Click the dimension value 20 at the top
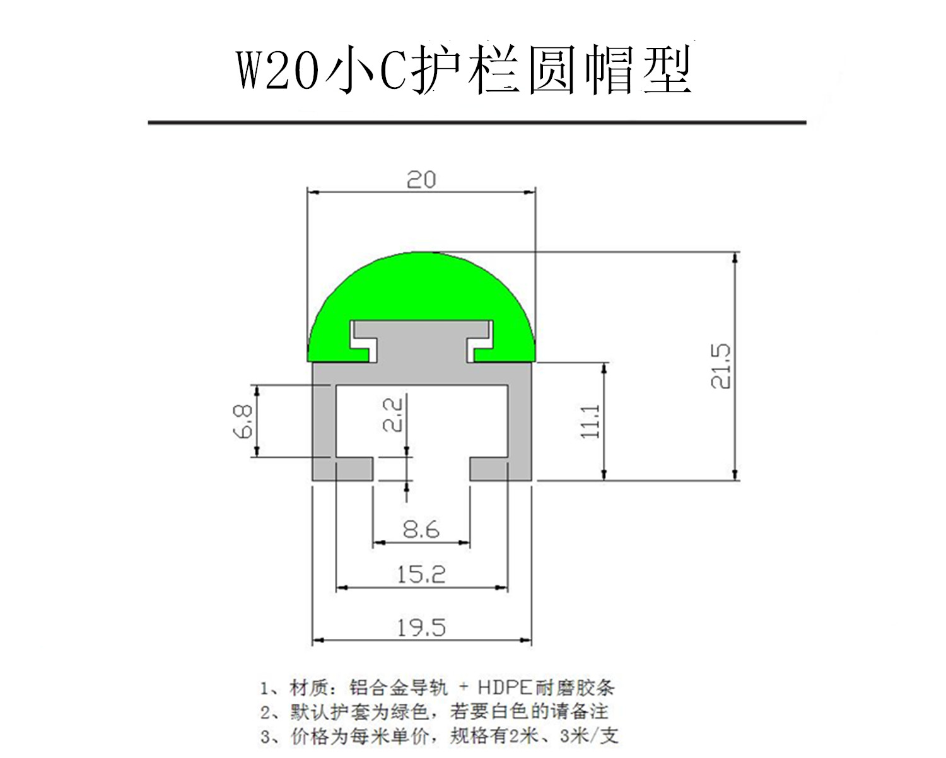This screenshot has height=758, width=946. coord(421,180)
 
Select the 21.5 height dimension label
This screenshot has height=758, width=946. coord(720,366)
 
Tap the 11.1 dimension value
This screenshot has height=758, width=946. coord(591,421)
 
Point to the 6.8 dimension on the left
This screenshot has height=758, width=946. coord(244,421)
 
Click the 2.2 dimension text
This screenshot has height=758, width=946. coord(392,414)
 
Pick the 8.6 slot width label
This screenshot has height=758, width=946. coord(421,529)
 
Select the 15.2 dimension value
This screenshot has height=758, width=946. coord(421,574)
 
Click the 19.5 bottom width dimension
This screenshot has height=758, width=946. coord(421,627)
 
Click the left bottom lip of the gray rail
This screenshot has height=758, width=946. coord(344,469)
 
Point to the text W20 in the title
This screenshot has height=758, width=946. coord(277,71)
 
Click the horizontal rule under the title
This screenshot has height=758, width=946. coord(477,122)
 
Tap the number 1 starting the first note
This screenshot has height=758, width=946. coord(265,687)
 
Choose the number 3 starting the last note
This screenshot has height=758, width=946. coord(265,736)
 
